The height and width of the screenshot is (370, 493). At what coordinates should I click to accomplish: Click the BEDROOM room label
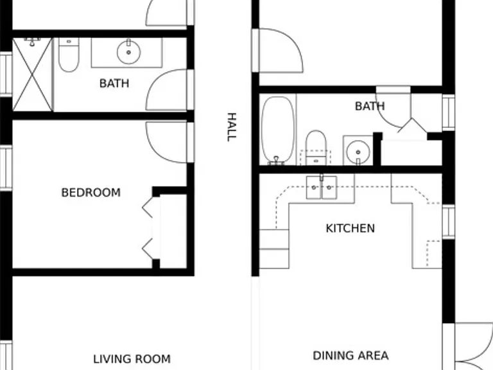[91, 193]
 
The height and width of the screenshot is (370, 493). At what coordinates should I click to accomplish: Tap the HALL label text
[232, 127]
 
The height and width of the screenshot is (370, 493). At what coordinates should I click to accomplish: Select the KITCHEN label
[350, 229]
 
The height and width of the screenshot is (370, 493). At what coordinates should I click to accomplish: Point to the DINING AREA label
[350, 356]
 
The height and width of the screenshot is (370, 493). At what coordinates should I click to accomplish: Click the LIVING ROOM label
[132, 359]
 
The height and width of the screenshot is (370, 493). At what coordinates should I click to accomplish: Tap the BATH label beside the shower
[114, 84]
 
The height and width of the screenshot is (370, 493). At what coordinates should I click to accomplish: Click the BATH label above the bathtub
[370, 107]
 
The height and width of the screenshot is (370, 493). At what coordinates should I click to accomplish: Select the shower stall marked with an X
[32, 75]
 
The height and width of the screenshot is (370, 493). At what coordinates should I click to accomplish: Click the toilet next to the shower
[69, 55]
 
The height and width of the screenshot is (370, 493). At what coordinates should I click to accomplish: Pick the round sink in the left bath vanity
[128, 52]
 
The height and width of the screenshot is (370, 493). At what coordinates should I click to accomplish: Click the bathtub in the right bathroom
[278, 130]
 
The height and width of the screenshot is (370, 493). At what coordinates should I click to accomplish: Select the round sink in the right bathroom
[358, 152]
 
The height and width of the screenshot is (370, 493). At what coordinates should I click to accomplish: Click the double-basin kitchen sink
[322, 188]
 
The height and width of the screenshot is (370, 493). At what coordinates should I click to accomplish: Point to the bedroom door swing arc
[166, 142]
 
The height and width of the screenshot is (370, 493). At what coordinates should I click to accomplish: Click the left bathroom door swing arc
[166, 90]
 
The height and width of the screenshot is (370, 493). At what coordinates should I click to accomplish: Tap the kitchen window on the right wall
[448, 222]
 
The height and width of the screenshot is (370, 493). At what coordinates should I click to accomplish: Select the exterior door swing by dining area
[474, 346]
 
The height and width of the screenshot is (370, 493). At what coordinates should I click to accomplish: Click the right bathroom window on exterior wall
[448, 112]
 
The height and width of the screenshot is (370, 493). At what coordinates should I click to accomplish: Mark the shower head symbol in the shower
[31, 42]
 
